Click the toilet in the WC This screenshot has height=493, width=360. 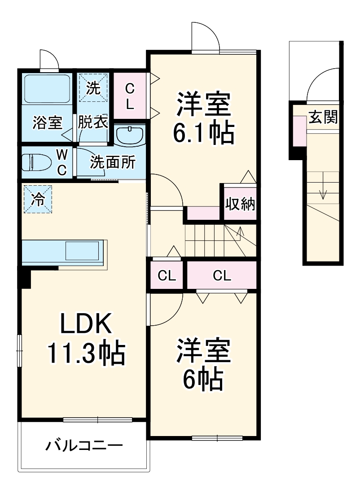coord(37,162)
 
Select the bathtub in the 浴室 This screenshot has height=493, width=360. coord(47,88)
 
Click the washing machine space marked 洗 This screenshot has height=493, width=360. coord(93,88)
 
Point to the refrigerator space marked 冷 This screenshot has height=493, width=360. coord(38,199)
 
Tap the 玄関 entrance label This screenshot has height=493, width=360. coord(323,117)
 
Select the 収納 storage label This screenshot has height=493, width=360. coord(240,204)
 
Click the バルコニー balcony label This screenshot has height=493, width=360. coord(84,445)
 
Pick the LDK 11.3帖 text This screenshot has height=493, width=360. coord(86,339)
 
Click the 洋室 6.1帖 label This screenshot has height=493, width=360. coord(203,118)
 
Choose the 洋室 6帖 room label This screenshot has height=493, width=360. coord(203,364)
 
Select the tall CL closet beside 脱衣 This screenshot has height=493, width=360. coord(130,96)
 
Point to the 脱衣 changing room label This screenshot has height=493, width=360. coord(93,122)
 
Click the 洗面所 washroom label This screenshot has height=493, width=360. coord(113,162)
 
